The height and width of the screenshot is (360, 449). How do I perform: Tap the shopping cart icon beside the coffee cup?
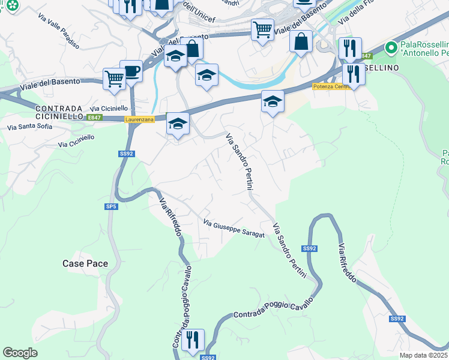[x=114, y=78]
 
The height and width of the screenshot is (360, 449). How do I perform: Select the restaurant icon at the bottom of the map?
[x=193, y=340]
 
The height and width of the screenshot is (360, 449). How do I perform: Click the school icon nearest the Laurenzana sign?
[x=177, y=124]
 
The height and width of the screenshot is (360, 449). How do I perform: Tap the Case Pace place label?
[x=85, y=263]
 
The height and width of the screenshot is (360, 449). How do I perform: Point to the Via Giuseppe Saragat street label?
[x=234, y=229]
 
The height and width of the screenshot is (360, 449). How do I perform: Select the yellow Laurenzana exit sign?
[x=139, y=119]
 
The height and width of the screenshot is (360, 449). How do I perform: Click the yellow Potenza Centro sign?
[x=331, y=86]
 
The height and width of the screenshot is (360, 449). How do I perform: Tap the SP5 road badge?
[x=110, y=206]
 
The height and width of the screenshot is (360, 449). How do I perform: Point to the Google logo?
[x=20, y=353]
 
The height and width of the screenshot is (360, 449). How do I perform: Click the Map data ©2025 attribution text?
[x=424, y=355]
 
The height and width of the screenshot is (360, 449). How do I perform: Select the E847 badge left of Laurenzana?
[x=94, y=118]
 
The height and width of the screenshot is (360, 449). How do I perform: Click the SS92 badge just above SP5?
[x=125, y=154]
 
